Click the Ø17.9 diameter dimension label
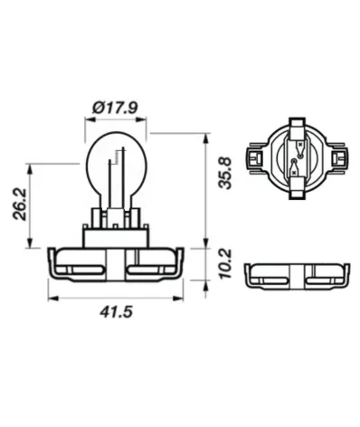click(115, 108)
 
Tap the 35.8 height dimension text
click(225, 173)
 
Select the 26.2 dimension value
click(20, 204)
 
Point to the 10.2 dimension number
click(225, 264)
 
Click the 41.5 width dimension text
click(116, 312)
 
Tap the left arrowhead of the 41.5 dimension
click(52, 299)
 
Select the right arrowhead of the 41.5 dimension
click(178, 299)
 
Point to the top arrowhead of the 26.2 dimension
click(30, 169)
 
